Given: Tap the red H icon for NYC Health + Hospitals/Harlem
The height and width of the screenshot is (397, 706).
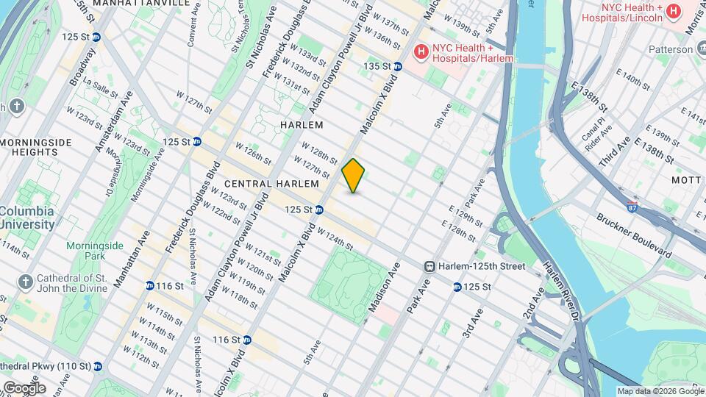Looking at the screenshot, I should click(x=421, y=51).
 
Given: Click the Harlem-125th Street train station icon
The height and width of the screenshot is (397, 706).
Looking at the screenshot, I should click(x=431, y=266).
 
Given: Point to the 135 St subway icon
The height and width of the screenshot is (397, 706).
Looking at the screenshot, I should click(x=398, y=66).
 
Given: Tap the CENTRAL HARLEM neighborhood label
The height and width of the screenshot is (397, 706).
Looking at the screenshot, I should click(x=271, y=183).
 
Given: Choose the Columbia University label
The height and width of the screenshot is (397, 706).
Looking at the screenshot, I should click(x=26, y=218).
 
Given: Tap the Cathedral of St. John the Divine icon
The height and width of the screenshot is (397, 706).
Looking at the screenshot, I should click(x=25, y=282).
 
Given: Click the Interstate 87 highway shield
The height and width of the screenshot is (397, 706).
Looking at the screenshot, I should click(x=632, y=207).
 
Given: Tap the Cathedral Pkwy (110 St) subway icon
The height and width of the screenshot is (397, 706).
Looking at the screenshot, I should click(x=97, y=366).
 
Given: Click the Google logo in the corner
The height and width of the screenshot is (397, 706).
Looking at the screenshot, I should click(x=24, y=387).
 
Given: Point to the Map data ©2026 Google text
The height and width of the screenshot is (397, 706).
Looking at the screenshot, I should click(x=660, y=391).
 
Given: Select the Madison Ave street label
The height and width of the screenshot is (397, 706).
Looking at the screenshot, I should click(x=384, y=289).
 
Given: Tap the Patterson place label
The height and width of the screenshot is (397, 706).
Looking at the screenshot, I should click(x=670, y=49).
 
